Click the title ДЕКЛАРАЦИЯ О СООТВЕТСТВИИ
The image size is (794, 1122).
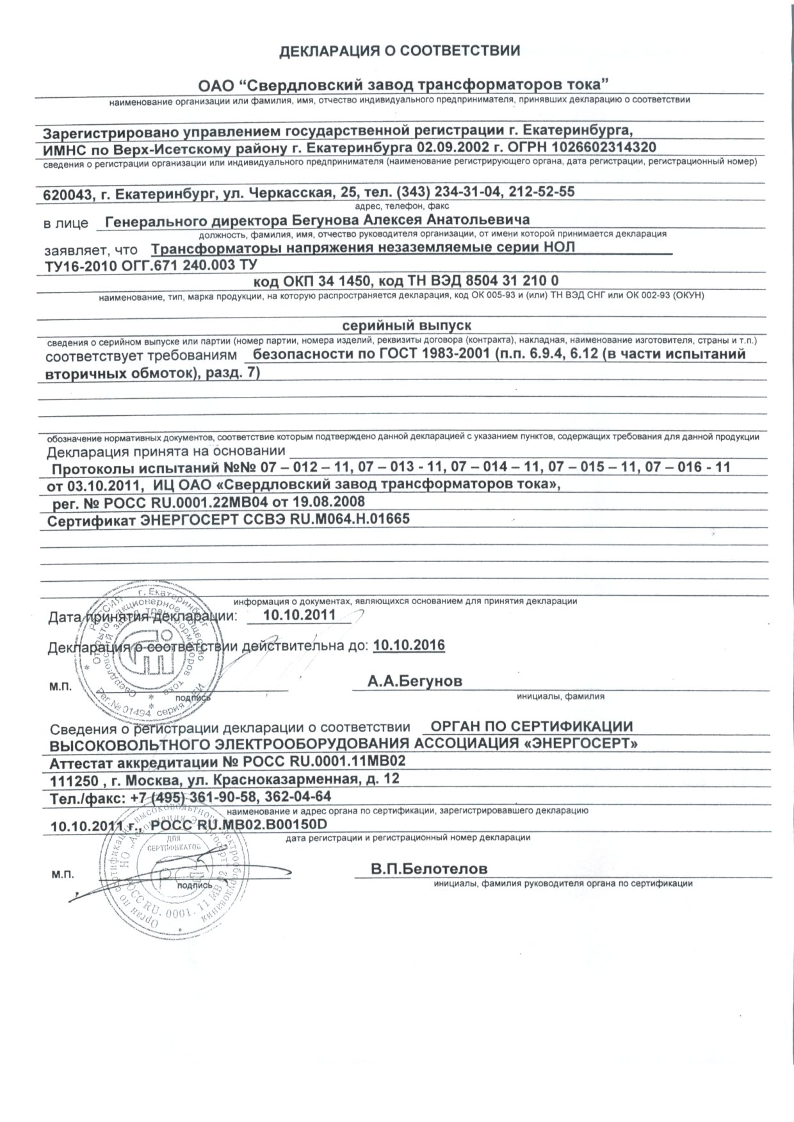click(x=400, y=51)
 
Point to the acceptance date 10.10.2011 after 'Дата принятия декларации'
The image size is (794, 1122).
click(x=300, y=616)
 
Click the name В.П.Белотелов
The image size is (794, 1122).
click(x=429, y=869)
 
